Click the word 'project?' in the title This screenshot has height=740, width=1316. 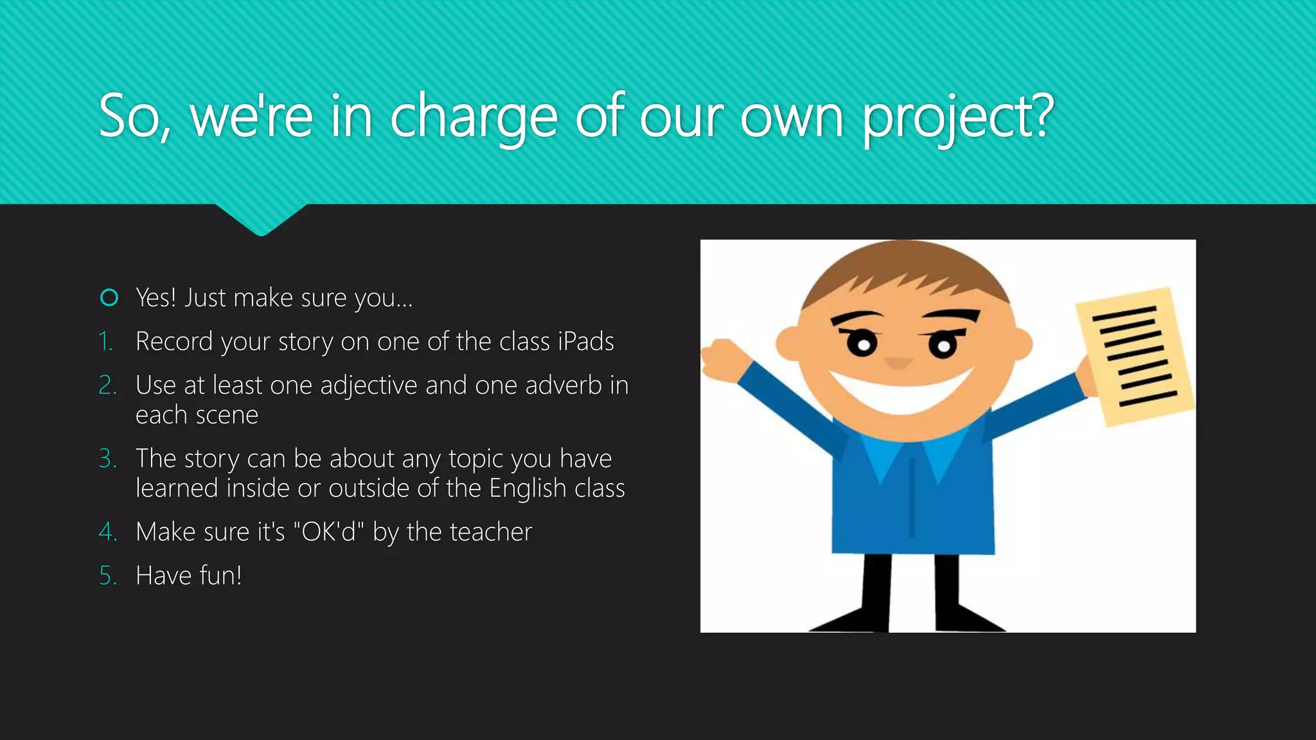coord(957,119)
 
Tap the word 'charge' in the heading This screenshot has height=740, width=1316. coord(474,119)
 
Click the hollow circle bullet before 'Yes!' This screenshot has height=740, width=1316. coord(109,298)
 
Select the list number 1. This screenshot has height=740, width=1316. coord(106,342)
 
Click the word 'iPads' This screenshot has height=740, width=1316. coord(585,342)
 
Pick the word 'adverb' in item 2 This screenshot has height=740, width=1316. coord(563,385)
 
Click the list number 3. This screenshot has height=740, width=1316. coord(107,459)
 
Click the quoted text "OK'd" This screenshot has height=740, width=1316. coord(328,532)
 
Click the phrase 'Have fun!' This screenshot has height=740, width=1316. coord(189,576)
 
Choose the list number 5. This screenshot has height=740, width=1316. coord(107,576)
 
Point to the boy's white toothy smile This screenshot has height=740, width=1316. coord(901,392)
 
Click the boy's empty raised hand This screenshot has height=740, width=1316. coord(723,358)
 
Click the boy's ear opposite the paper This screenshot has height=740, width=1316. coord(789,344)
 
